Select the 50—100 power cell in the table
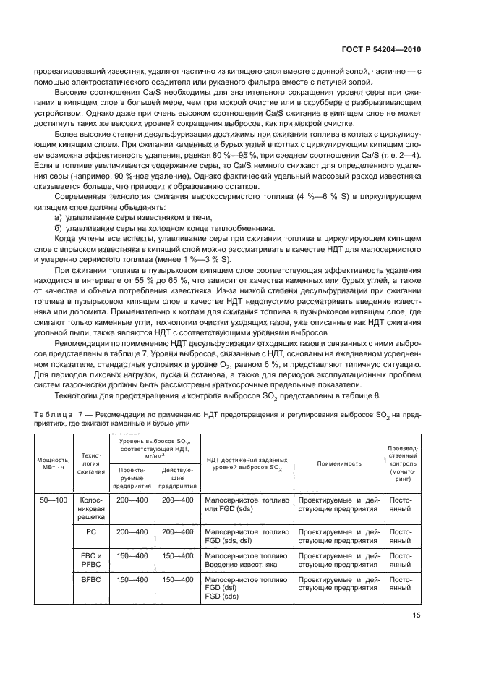click(x=53, y=500)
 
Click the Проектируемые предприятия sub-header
click(x=131, y=476)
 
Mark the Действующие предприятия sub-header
click(x=176, y=476)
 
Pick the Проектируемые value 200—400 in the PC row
click(x=131, y=531)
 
